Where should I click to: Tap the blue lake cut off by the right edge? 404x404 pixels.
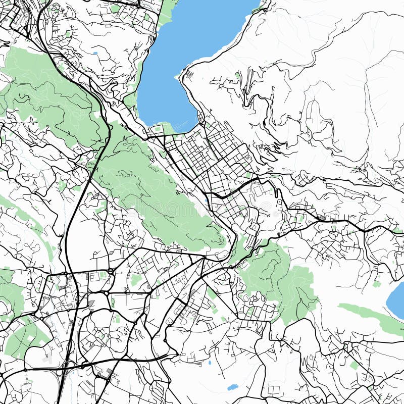tap(397, 300)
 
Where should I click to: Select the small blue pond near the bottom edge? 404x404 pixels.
tap(232, 387)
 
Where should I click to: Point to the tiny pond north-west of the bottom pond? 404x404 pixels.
tap(210, 363)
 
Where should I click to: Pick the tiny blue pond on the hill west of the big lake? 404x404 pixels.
tap(95, 53)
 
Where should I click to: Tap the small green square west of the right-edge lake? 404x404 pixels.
tap(376, 284)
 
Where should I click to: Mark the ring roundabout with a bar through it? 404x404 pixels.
tap(111, 272)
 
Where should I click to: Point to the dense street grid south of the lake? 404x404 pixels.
tap(202, 151)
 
